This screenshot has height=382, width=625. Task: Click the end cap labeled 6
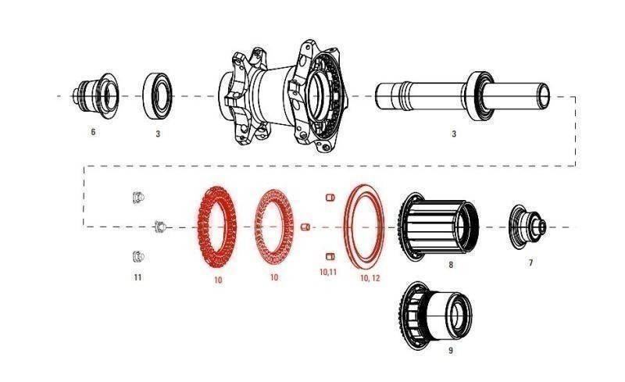(x=96, y=96)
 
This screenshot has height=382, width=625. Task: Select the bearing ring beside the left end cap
(x=158, y=96)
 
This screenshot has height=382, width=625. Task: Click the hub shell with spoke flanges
(x=283, y=97)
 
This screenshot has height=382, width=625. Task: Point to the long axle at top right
(x=462, y=96)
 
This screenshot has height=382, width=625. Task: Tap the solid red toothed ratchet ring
(x=217, y=227)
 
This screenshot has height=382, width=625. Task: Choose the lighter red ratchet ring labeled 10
(x=274, y=227)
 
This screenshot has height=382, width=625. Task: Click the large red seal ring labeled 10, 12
(x=364, y=227)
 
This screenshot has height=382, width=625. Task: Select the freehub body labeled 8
(x=438, y=226)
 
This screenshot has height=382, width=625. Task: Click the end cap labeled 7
(x=527, y=227)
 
